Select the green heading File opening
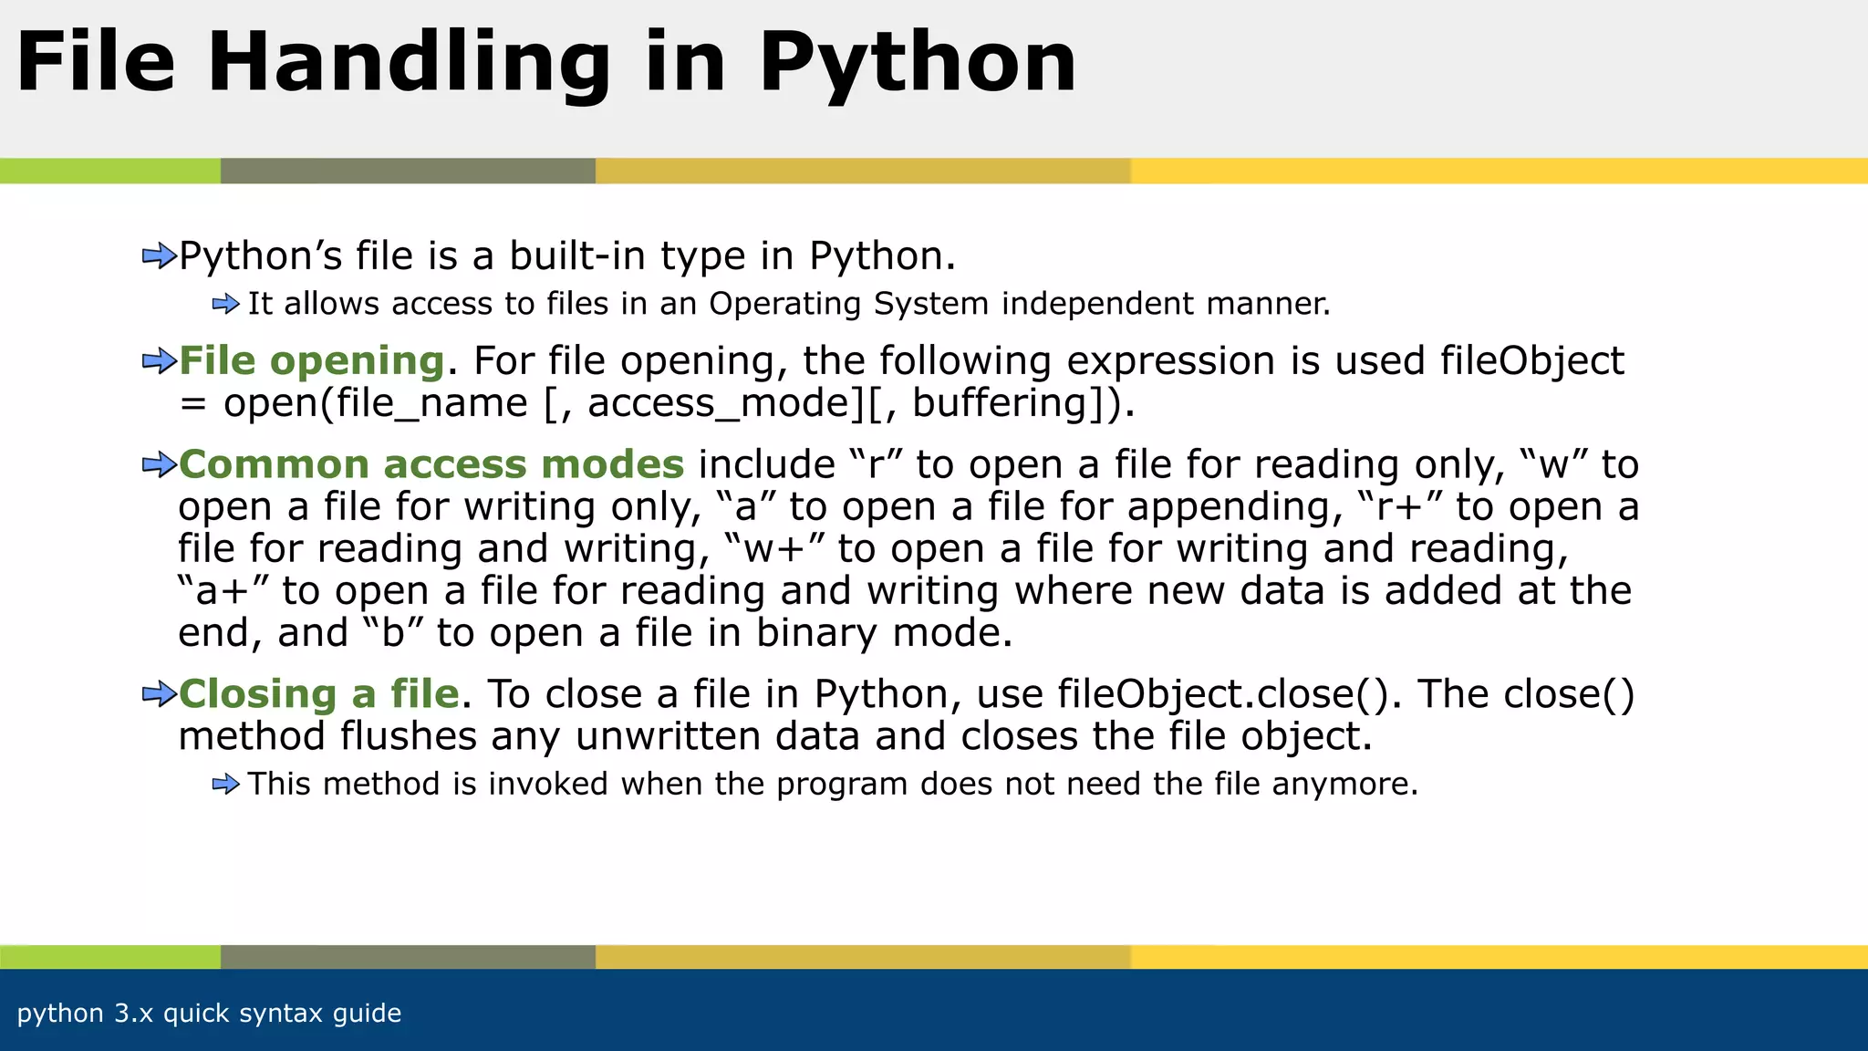pos(311,360)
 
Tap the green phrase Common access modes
pos(431,464)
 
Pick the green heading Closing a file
pos(318,694)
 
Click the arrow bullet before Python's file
pos(159,256)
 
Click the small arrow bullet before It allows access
pos(225,304)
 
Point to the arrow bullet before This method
pos(225,784)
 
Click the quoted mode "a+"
pos(223,590)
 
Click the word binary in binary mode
pos(815,632)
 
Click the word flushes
pos(409,736)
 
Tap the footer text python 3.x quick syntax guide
pos(209,1013)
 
